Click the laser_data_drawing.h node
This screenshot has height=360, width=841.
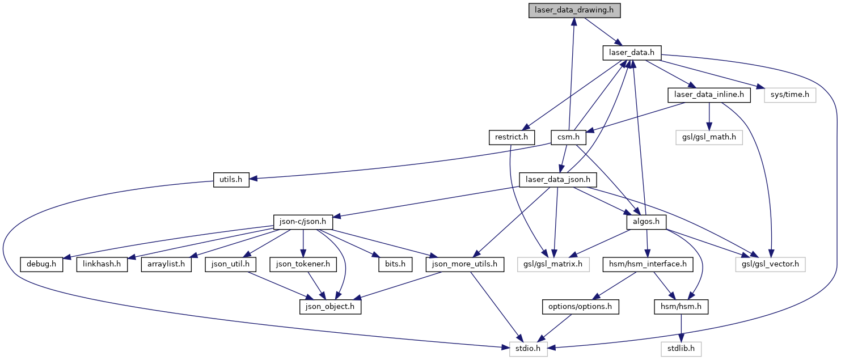tap(574, 11)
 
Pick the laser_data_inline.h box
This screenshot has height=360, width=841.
tap(709, 95)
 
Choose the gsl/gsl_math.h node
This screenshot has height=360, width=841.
tap(709, 137)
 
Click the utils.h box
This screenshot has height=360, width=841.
tap(231, 180)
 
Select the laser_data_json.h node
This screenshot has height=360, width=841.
tap(558, 180)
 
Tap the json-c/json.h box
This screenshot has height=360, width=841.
tap(303, 222)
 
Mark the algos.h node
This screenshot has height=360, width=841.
tap(645, 222)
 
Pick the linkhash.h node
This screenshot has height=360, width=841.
tap(102, 264)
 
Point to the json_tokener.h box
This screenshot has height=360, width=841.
tap(304, 264)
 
